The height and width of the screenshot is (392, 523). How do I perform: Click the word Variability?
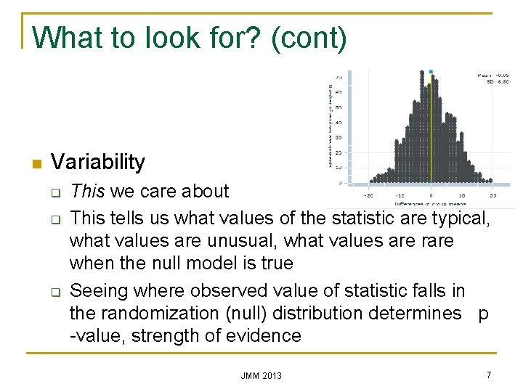(98, 162)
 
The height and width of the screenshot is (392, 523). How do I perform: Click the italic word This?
(87, 192)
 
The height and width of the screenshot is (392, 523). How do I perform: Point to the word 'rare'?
(433, 240)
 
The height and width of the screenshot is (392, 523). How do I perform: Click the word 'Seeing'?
(100, 291)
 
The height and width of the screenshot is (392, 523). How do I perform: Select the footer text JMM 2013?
(261, 375)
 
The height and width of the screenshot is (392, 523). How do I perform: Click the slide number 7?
(489, 375)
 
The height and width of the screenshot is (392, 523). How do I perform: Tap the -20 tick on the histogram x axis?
(368, 195)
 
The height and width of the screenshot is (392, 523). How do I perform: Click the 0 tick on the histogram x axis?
(431, 195)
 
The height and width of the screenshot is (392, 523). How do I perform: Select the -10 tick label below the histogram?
(400, 195)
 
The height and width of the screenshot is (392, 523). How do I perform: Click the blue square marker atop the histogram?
(431, 72)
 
